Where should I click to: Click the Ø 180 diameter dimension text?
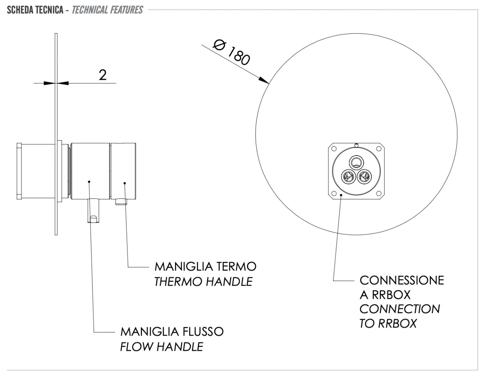point(232,52)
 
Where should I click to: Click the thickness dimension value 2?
point(103,75)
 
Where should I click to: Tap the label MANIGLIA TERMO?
point(205,266)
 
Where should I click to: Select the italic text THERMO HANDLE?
point(203,281)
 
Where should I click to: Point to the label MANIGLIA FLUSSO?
point(172,331)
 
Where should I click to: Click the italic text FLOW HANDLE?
point(161,347)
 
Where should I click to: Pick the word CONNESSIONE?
point(401,280)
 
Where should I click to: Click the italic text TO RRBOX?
point(388,323)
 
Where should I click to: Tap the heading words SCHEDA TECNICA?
point(35,10)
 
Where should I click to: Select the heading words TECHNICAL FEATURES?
point(107,10)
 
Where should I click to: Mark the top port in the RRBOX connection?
point(356,163)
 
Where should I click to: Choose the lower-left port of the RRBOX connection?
point(348,176)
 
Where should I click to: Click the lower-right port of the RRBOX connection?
point(364,176)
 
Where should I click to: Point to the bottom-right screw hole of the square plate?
point(378,193)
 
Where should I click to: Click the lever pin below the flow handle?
point(93,211)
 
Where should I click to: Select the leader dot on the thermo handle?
point(125,183)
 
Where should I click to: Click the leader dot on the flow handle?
point(89,182)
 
